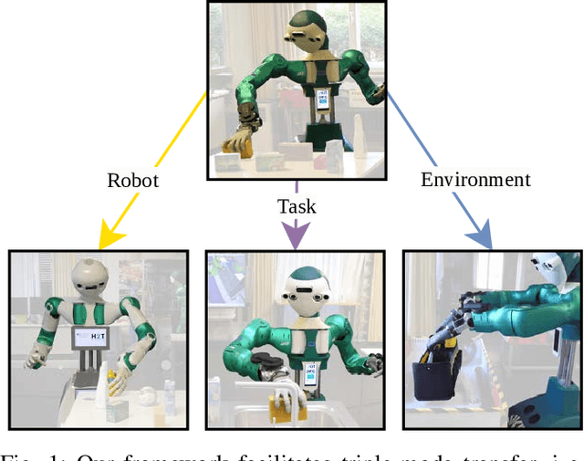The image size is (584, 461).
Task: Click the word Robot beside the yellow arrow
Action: (132, 180)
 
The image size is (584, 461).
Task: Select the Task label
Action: (297, 206)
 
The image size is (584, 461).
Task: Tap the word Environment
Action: (475, 179)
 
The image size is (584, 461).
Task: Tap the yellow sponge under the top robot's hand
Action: (240, 143)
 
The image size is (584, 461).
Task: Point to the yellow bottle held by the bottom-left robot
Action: (110, 377)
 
